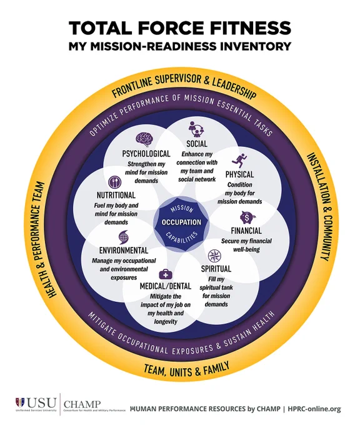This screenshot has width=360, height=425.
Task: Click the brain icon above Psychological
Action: point(145,139)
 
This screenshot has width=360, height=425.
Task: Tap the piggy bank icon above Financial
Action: point(247,217)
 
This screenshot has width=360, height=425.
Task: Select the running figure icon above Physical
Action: point(239,161)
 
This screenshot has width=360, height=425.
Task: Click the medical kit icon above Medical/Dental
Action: point(166,274)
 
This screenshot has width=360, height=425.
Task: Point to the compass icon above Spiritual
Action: point(214,256)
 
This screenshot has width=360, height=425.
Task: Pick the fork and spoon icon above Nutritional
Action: point(115,182)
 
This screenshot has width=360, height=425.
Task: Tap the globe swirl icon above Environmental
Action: point(123,237)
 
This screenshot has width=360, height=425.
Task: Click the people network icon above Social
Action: point(196,129)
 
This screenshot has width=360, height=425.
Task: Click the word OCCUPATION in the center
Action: point(182,222)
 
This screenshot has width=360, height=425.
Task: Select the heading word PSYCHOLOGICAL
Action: point(146,154)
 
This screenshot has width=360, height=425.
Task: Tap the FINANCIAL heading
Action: point(246,231)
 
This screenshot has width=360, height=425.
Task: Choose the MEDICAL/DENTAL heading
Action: point(166,286)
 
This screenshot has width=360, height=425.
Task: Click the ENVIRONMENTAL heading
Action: point(124,250)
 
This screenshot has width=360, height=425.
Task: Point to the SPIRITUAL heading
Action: point(216,269)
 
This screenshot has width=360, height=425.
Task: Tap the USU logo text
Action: point(41,403)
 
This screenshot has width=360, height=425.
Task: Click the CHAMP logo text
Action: point(82,404)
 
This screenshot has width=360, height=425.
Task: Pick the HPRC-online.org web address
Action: point(314,409)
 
